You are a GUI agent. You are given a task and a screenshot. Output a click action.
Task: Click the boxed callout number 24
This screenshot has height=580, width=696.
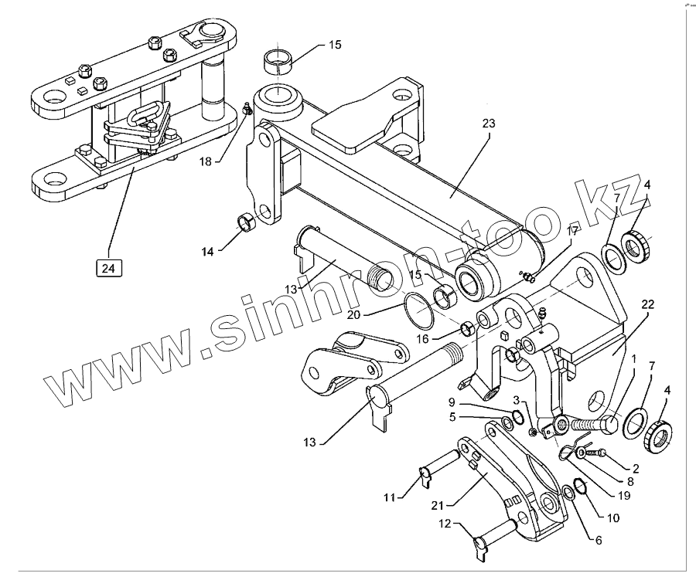pos(107,269)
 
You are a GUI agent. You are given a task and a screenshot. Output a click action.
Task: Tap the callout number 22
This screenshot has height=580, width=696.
pos(647,305)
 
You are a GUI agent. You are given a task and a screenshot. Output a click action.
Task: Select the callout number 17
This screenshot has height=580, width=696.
pos(572,230)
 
